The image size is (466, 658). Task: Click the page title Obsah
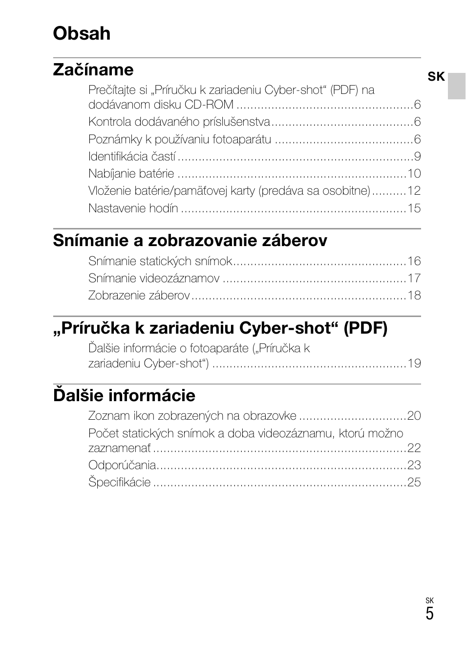point(82,33)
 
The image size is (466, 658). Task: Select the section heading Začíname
point(93,69)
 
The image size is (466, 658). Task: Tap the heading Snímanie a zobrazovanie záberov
point(190,240)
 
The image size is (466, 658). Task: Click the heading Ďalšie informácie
point(124,395)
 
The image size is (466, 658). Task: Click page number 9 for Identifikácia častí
point(417,157)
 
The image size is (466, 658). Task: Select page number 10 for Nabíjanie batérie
point(414,174)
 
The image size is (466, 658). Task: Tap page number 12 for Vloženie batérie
point(414,191)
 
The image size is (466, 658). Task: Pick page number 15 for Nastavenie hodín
point(414,208)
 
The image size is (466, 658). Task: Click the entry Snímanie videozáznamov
point(154,278)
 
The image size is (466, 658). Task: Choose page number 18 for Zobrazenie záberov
point(414,295)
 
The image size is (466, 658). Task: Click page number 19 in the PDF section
point(414,363)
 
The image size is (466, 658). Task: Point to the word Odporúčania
point(122,465)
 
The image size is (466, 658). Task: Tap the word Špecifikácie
point(120,482)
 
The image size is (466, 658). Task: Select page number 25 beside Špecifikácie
point(414,482)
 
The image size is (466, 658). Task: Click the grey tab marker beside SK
point(457,86)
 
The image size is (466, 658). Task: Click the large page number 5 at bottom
point(429,614)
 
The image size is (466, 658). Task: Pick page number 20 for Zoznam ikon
point(414,416)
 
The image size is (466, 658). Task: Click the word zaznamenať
point(120,448)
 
